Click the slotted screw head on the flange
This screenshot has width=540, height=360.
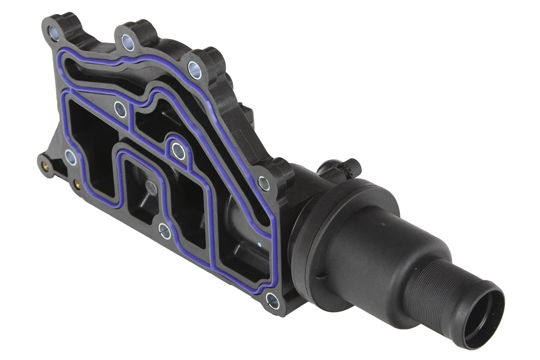click(165, 231)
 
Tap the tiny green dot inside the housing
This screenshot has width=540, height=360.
click(261, 245)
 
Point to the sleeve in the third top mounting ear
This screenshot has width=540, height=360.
click(194, 70)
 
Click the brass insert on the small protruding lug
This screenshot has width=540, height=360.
click(45, 165)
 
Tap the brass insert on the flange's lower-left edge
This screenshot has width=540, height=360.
click(77, 184)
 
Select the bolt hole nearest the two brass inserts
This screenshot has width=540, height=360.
click(70, 157)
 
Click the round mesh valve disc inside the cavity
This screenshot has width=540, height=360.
click(150, 188)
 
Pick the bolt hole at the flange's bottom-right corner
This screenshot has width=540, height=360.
click(272, 300)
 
